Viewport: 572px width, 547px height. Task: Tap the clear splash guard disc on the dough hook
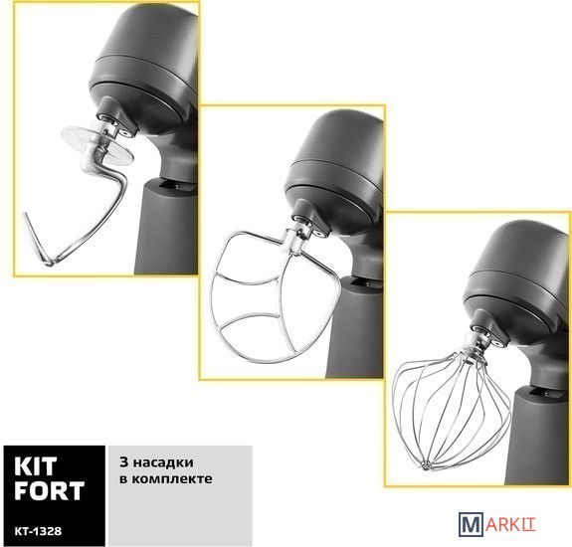(97, 142)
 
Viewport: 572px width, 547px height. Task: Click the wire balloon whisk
(453, 409)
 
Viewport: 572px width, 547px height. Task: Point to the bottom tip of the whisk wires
(426, 465)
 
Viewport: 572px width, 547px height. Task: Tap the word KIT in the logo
(36, 466)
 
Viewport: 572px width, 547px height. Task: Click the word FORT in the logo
(50, 491)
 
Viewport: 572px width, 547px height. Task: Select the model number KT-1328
(38, 531)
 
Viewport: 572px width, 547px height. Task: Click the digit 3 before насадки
(123, 462)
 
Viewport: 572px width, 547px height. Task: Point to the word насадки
(163, 463)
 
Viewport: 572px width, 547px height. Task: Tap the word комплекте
(171, 478)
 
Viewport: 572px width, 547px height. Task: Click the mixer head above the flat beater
(334, 171)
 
